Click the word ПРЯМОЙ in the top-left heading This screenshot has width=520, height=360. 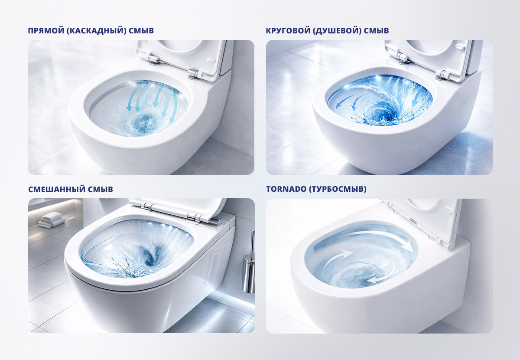tap(46, 31)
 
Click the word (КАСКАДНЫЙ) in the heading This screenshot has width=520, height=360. tap(96, 31)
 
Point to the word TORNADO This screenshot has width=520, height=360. tap(286, 189)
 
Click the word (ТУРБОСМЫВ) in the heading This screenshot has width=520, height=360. tap(338, 189)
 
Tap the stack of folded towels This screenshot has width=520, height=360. tap(51, 219)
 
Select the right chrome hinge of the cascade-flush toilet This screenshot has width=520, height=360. tap(195, 73)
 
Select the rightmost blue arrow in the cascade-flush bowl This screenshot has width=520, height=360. tap(174, 107)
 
